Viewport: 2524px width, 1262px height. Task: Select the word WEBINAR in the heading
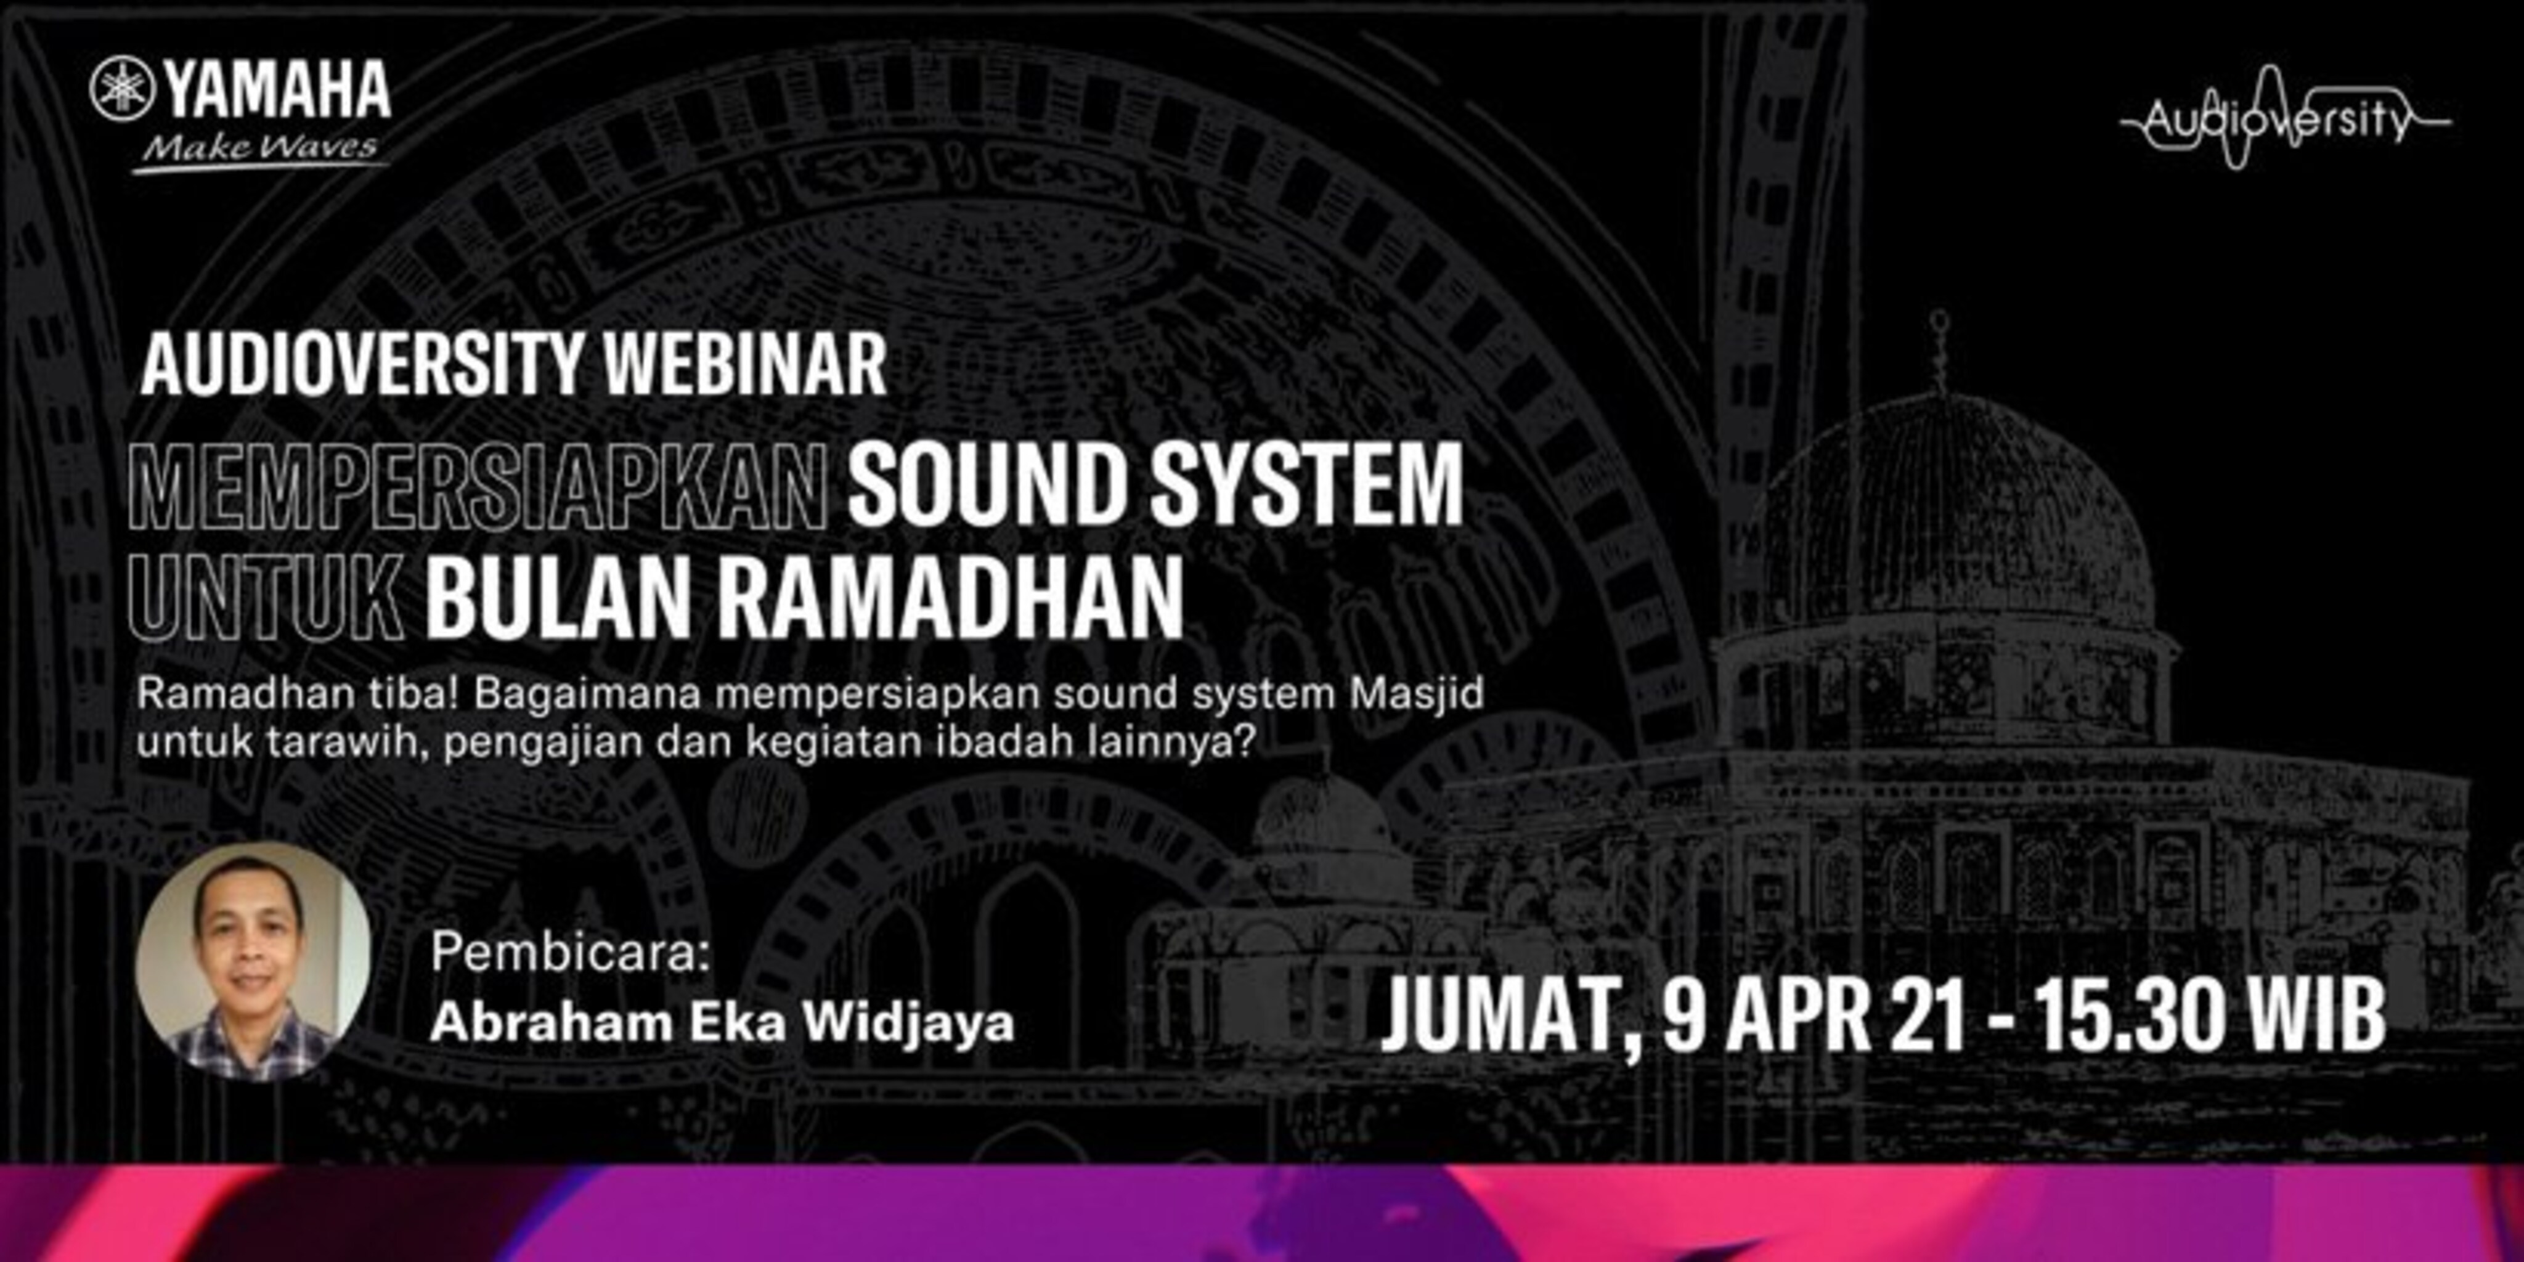[x=744, y=365]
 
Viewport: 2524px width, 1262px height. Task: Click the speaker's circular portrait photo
[x=253, y=961]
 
